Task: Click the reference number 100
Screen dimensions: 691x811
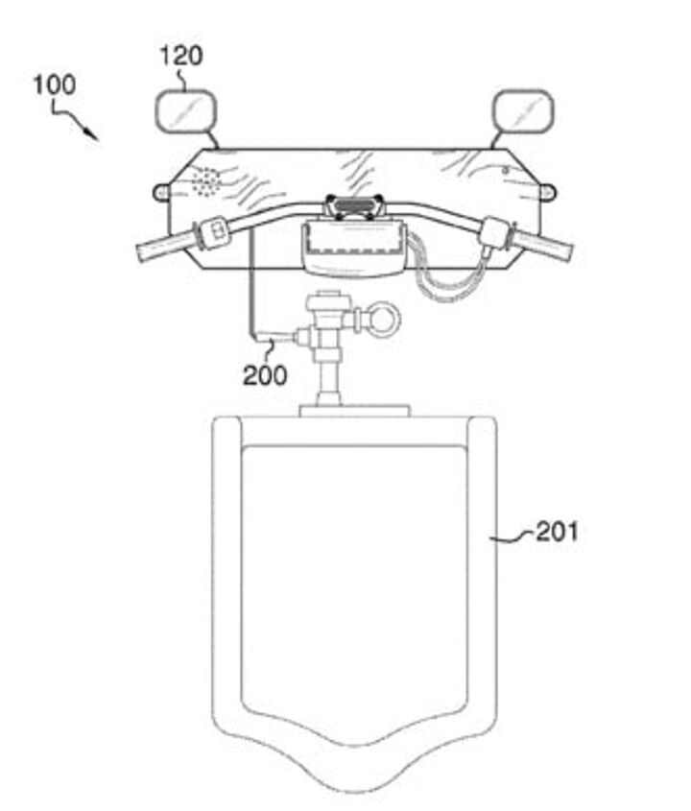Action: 55,85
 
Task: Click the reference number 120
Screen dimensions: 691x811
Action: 181,56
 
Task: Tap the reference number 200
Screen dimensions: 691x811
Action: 265,375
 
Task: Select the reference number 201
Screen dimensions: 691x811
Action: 557,531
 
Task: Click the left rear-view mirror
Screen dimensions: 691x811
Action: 185,110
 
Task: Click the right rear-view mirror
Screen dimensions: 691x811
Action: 523,110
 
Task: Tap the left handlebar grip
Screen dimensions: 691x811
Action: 164,247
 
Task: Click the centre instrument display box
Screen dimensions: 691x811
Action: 355,248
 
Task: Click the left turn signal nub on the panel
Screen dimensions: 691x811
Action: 160,193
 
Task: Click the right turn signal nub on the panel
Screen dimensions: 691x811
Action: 548,192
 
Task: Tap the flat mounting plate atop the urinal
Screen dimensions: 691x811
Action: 354,411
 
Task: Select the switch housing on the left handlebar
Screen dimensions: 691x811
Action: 212,231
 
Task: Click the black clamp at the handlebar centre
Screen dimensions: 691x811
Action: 354,207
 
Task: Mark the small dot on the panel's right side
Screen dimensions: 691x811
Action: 507,170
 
